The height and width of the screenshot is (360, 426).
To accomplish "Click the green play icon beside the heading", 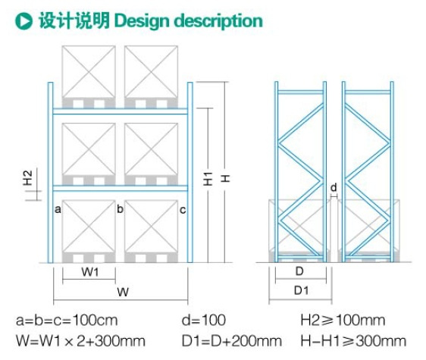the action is pyautogui.click(x=23, y=21).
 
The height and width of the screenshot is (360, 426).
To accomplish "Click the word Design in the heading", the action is pyautogui.click(x=142, y=21).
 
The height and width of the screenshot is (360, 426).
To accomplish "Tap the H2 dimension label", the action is pyautogui.click(x=28, y=178).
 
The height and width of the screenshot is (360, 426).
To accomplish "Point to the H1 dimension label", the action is pyautogui.click(x=208, y=179).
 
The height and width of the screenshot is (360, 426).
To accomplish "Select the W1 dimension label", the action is pyautogui.click(x=90, y=271).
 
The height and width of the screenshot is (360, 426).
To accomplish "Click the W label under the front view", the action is pyautogui.click(x=123, y=292).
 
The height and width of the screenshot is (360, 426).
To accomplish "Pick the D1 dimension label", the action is pyautogui.click(x=301, y=291).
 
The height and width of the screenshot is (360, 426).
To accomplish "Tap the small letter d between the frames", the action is pyautogui.click(x=334, y=187).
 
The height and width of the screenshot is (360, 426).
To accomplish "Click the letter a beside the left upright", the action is pyautogui.click(x=58, y=209).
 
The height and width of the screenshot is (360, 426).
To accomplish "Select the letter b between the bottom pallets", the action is pyautogui.click(x=120, y=209).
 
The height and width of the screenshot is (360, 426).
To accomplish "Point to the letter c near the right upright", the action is pyautogui.click(x=183, y=210).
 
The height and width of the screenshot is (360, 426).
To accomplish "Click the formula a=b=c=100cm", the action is pyautogui.click(x=67, y=320).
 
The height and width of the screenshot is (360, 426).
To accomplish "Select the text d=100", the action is pyautogui.click(x=204, y=320).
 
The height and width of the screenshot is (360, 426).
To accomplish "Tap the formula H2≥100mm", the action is pyautogui.click(x=343, y=320).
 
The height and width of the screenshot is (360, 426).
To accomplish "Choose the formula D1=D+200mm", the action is pyautogui.click(x=232, y=341).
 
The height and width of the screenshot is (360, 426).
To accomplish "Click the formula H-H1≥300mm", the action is pyautogui.click(x=353, y=341).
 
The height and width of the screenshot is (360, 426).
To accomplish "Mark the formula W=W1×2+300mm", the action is pyautogui.click(x=80, y=341).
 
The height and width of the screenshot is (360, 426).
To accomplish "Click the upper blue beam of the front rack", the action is pyautogui.click(x=120, y=111).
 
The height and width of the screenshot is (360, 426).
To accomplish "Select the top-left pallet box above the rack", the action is pyautogui.click(x=89, y=77).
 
